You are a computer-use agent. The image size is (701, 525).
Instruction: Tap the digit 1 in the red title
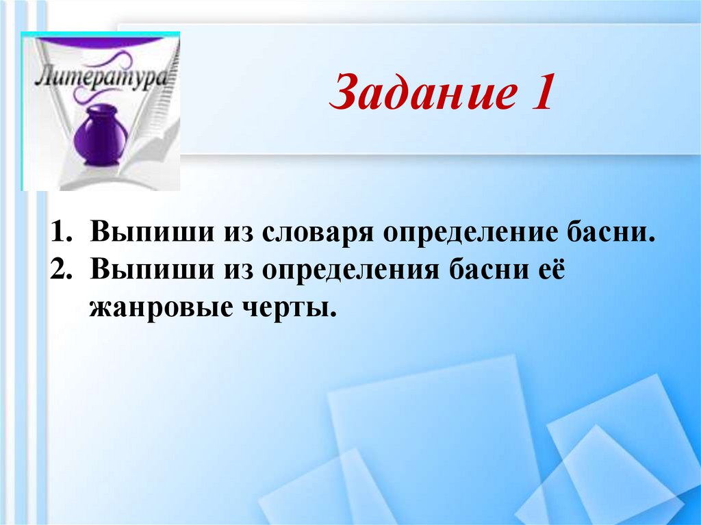540,94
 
